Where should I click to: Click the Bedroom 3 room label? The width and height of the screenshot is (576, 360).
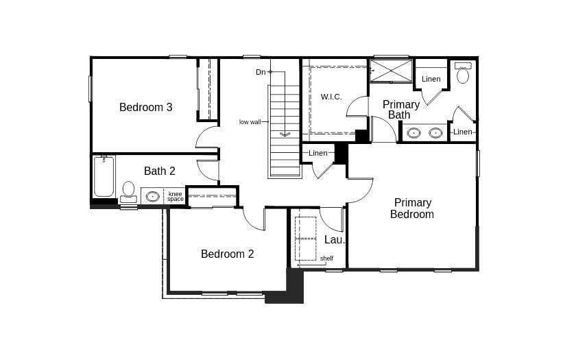click(145, 107)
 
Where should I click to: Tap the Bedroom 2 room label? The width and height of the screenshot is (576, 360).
click(227, 254)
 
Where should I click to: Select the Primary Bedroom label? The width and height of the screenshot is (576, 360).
click(412, 208)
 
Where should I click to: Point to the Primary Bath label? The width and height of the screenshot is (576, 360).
click(400, 110)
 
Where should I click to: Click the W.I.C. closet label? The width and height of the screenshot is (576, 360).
click(331, 97)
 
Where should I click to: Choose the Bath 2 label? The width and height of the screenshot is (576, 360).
click(159, 171)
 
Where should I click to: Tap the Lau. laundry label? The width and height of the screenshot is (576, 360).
click(335, 239)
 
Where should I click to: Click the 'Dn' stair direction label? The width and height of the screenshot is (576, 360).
click(261, 72)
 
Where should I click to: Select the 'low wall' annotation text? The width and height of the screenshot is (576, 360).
click(250, 122)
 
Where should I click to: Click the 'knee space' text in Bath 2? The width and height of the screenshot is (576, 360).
click(176, 197)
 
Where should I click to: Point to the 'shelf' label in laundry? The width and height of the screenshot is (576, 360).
click(326, 259)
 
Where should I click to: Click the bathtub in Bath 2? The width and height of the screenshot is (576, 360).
click(104, 176)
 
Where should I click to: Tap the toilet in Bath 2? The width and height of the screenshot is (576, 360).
click(128, 190)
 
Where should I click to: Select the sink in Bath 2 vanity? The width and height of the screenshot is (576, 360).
click(152, 197)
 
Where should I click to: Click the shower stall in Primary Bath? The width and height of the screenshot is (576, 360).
click(392, 71)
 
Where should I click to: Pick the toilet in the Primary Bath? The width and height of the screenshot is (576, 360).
click(463, 73)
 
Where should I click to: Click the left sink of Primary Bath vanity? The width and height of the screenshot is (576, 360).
click(413, 133)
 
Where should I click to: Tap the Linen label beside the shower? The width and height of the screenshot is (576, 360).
click(431, 79)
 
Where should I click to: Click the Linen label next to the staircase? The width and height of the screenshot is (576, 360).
click(318, 153)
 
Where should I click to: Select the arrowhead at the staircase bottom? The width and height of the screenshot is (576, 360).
click(285, 134)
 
